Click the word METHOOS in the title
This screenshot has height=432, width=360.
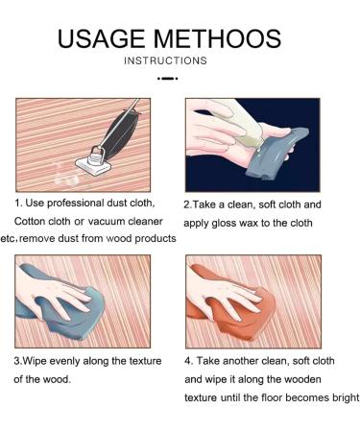click(x=217, y=39)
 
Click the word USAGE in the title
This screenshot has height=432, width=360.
click(x=101, y=39)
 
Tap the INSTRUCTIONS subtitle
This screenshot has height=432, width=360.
click(x=165, y=60)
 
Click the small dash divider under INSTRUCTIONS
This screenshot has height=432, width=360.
click(x=168, y=78)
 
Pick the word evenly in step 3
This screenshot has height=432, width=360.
click(x=64, y=362)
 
